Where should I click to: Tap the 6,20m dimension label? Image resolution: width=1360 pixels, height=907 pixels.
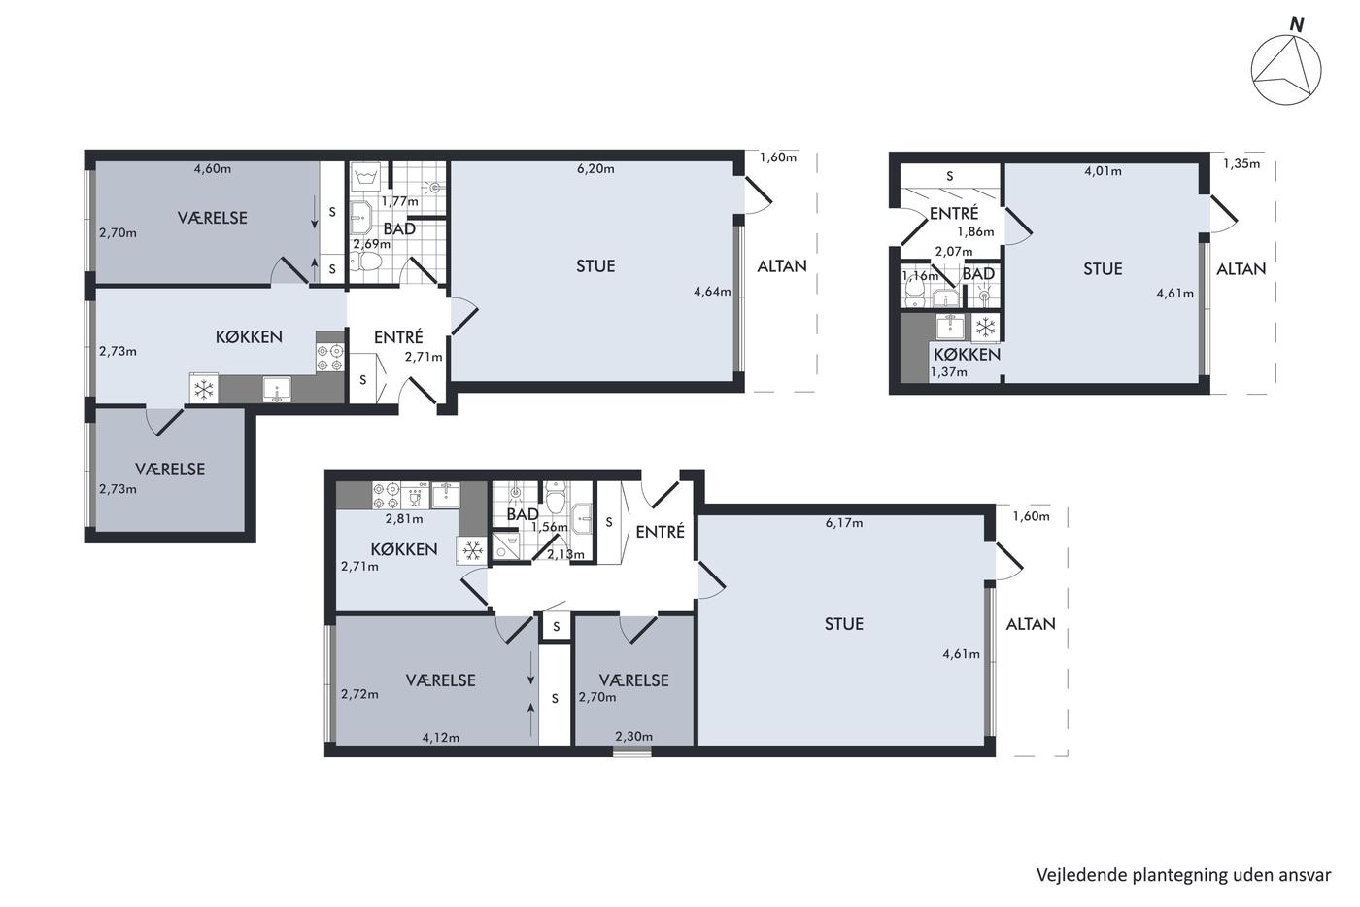pyautogui.click(x=595, y=169)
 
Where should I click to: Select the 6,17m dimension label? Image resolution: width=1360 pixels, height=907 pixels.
pyautogui.click(x=844, y=522)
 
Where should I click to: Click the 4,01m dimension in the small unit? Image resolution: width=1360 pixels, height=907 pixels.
pyautogui.click(x=1103, y=171)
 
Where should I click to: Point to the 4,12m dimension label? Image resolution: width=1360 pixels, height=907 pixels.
pyautogui.click(x=441, y=738)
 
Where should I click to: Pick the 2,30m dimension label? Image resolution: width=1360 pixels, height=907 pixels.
pyautogui.click(x=633, y=736)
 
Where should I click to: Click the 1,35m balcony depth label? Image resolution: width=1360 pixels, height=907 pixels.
pyautogui.click(x=1241, y=163)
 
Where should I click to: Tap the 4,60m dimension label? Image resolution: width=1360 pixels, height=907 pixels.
pyautogui.click(x=213, y=169)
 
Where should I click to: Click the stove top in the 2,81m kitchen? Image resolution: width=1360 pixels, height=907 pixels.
pyautogui.click(x=386, y=495)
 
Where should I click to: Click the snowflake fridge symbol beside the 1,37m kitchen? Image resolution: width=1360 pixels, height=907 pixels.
pyautogui.click(x=985, y=328)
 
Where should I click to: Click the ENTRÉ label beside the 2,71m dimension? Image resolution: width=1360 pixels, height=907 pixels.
pyautogui.click(x=398, y=337)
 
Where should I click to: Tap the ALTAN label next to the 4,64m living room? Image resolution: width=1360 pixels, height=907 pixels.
pyautogui.click(x=782, y=266)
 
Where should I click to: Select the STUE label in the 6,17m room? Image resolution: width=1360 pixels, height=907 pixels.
pyautogui.click(x=844, y=624)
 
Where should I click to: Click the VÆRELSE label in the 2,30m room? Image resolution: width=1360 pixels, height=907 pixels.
pyautogui.click(x=633, y=680)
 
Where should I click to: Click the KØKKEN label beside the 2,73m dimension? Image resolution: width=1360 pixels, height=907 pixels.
pyautogui.click(x=249, y=336)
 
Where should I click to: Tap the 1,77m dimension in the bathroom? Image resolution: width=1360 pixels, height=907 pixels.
pyautogui.click(x=399, y=201)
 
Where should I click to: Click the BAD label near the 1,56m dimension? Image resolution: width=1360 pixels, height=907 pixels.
pyautogui.click(x=523, y=514)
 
